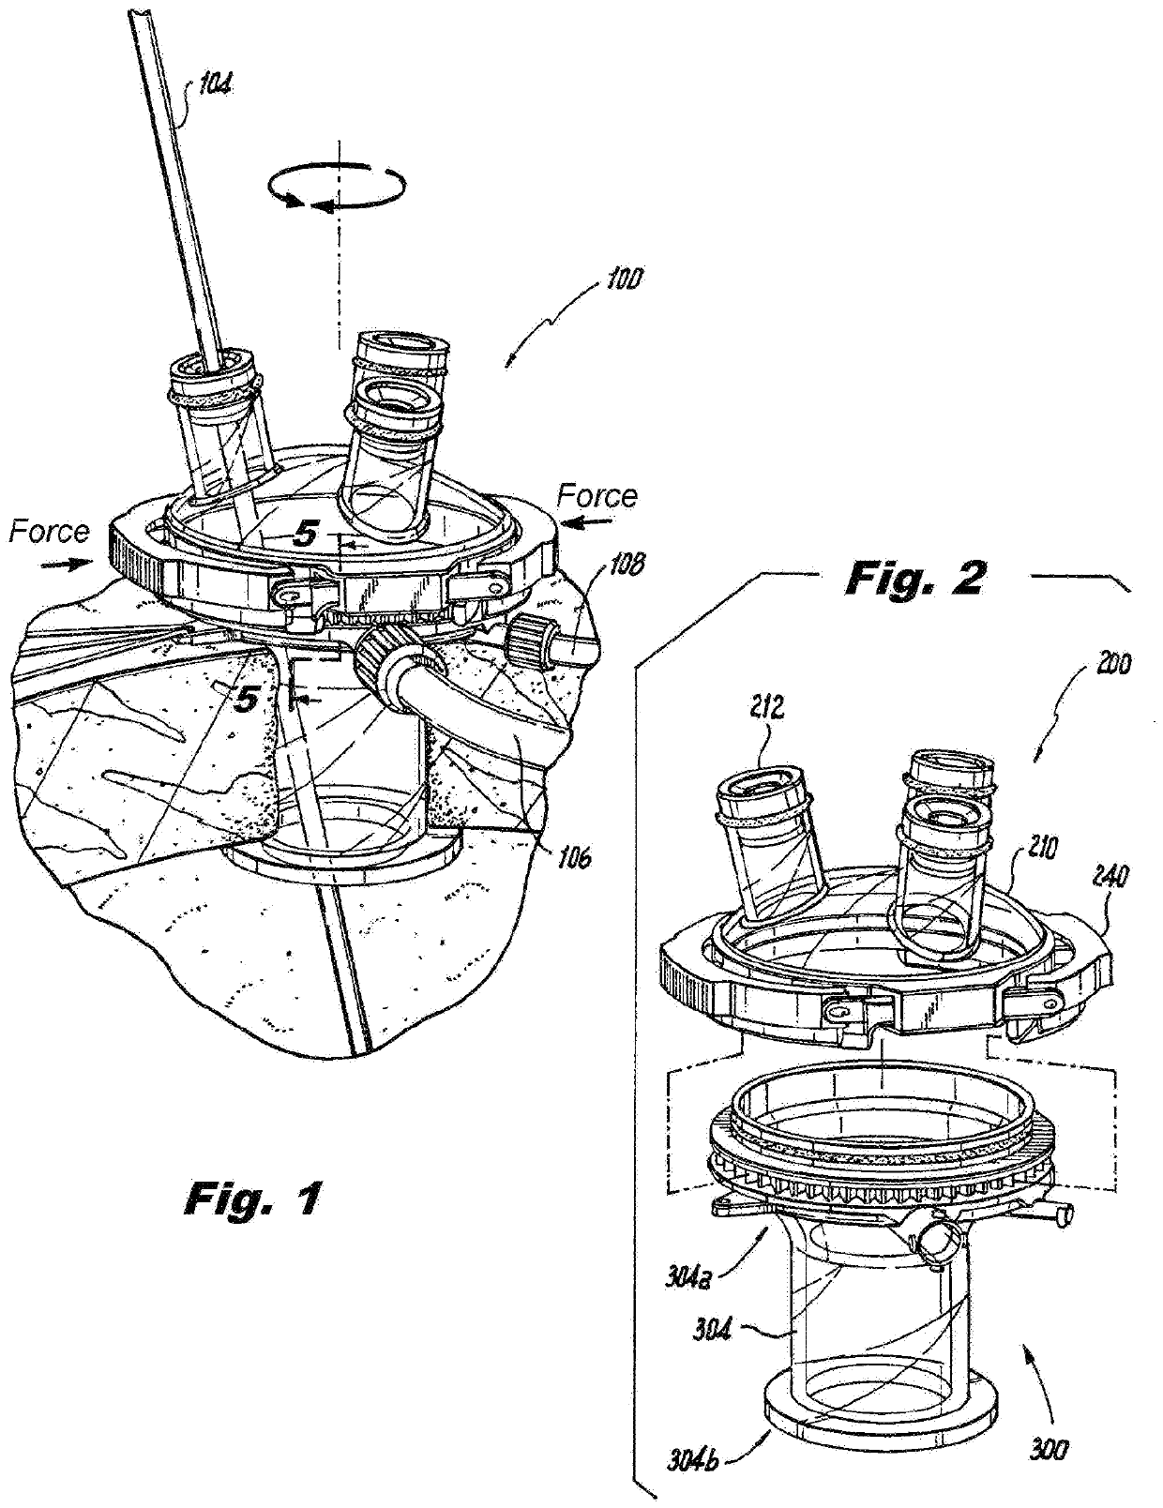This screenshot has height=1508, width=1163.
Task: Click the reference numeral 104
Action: (x=215, y=87)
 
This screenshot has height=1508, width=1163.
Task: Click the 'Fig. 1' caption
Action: (x=250, y=1198)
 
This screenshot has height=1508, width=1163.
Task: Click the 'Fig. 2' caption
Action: (x=914, y=578)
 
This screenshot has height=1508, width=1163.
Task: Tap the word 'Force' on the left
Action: (x=49, y=532)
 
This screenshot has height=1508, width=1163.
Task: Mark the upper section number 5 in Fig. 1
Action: (x=305, y=535)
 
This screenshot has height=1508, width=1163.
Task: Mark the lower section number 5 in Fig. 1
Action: (x=245, y=699)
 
